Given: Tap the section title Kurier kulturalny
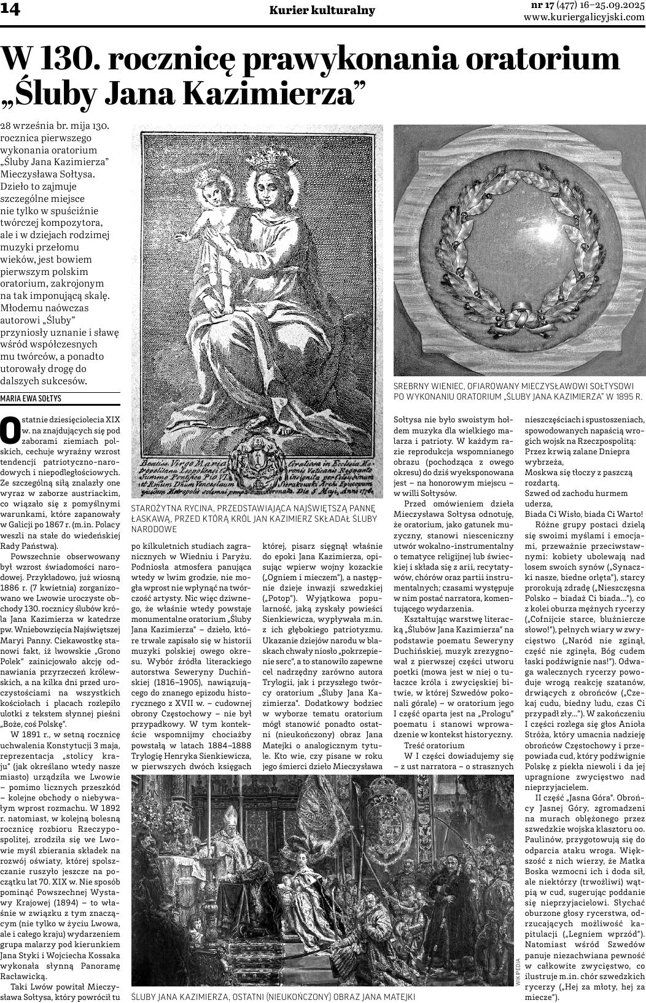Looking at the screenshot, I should point(322,11).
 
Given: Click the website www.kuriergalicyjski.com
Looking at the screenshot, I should point(583,17).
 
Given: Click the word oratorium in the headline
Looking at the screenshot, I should point(543,59).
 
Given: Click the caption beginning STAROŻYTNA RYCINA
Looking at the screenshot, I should point(254,518).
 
